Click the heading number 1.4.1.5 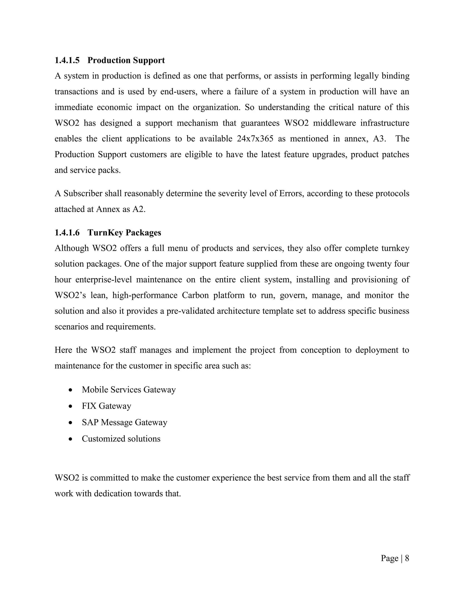pyautogui.click(x=67, y=60)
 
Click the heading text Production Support pyautogui.click(x=126, y=60)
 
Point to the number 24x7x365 pyautogui.click(x=255, y=139)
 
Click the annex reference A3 pyautogui.click(x=379, y=139)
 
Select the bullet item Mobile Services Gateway pyautogui.click(x=129, y=390)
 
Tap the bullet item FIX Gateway pyautogui.click(x=106, y=406)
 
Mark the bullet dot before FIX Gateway pyautogui.click(x=71, y=406)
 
